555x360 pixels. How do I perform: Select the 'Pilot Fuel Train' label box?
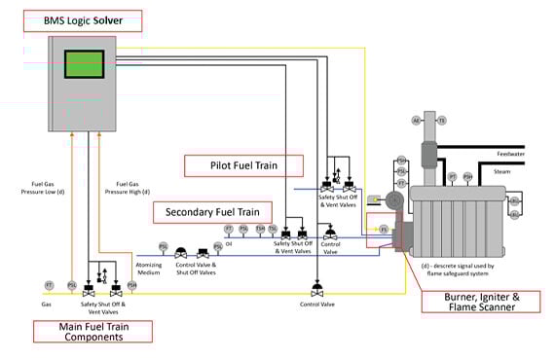pos(242,164)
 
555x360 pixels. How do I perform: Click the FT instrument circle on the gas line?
pos(49,285)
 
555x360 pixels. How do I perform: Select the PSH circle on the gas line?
pos(131,285)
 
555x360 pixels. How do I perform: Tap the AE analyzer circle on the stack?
pos(416,121)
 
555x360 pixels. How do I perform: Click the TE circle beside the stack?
pos(441,121)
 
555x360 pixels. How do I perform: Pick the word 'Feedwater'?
pos(510,154)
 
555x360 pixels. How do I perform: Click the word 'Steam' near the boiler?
pos(502,170)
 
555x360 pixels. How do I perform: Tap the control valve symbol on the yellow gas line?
pos(316,289)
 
